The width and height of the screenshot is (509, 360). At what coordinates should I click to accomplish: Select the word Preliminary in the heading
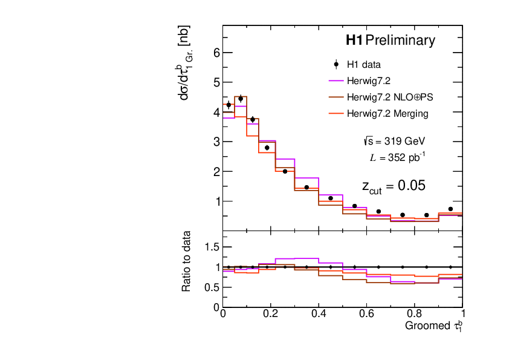pyautogui.click(x=400, y=41)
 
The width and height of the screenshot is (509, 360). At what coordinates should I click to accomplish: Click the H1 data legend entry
pyautogui.click(x=363, y=64)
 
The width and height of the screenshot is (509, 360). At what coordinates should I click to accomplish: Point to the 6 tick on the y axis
pyautogui.click(x=216, y=53)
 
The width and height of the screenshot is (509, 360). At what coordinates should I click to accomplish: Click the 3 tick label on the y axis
pyautogui.click(x=216, y=142)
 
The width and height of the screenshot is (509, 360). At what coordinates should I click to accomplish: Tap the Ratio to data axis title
pyautogui.click(x=188, y=261)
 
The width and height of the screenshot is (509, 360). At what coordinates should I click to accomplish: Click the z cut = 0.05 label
pyautogui.click(x=393, y=186)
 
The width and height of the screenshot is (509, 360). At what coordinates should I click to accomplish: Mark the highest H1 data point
pyautogui.click(x=241, y=99)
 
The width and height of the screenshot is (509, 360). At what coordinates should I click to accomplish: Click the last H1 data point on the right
pyautogui.click(x=450, y=209)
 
